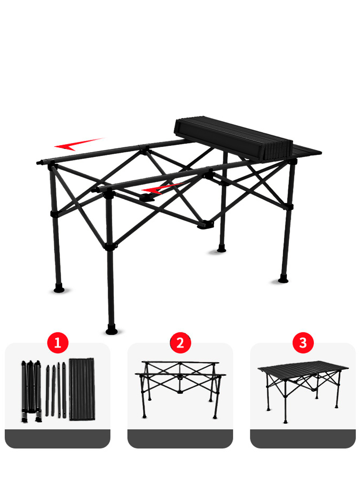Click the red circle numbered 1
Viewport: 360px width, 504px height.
[58, 343]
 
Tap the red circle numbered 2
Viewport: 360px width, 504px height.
[180, 343]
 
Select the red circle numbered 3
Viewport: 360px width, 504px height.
[303, 343]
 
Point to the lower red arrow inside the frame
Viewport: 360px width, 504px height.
[162, 188]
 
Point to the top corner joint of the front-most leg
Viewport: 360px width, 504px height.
[109, 191]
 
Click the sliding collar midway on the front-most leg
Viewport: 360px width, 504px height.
[111, 247]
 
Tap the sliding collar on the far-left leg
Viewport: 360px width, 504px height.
[55, 214]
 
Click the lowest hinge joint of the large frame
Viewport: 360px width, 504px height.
[206, 224]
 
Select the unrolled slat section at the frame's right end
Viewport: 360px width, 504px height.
[307, 151]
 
